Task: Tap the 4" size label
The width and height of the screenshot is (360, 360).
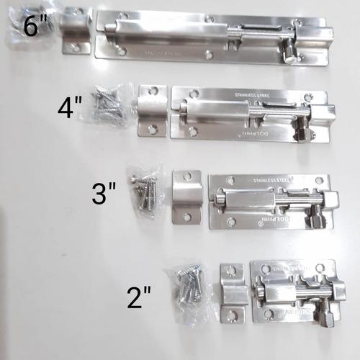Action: (x=71, y=109)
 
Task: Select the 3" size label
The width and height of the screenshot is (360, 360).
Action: (x=104, y=193)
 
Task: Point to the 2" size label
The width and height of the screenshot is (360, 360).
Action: (x=139, y=296)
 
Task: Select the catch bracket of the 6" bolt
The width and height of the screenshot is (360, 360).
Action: (x=75, y=33)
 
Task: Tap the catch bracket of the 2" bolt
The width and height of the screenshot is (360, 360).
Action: (x=233, y=293)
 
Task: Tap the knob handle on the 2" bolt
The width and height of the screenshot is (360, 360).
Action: (x=323, y=311)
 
